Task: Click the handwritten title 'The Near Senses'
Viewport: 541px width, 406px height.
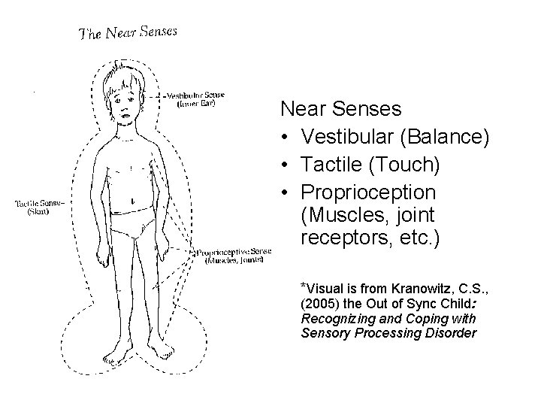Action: (x=128, y=32)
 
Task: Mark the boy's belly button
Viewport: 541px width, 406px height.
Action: (x=131, y=201)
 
